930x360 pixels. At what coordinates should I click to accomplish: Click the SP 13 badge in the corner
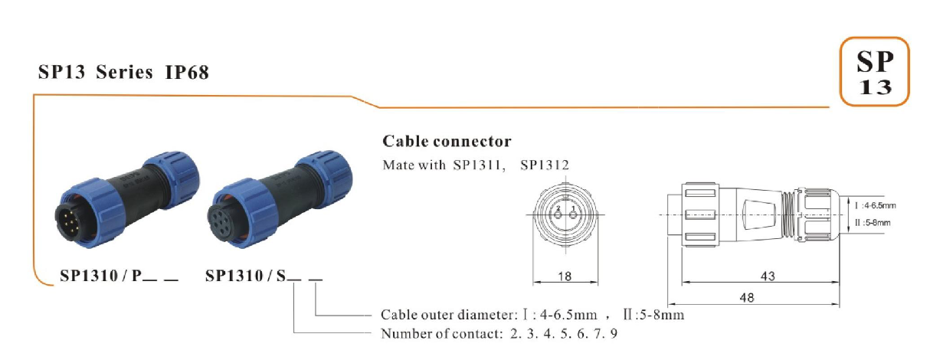coord(874,72)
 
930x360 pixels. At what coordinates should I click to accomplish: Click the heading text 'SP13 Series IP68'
coord(123,74)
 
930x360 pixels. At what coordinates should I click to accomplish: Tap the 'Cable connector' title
coord(447,142)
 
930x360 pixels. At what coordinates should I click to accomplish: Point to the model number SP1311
coord(480,165)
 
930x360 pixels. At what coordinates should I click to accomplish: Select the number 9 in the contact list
coord(614,333)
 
